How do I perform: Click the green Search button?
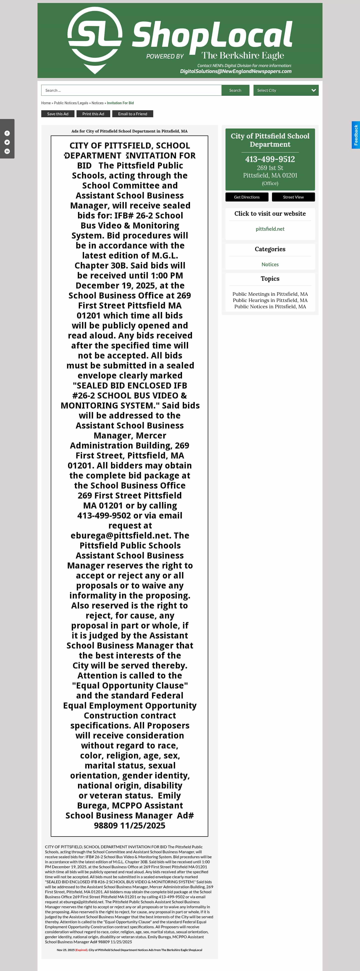(x=235, y=90)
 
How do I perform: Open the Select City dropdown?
(x=286, y=90)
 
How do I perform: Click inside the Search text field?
(x=131, y=90)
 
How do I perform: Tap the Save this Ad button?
(x=58, y=114)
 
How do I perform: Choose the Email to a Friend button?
(x=133, y=114)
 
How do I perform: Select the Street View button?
(x=293, y=197)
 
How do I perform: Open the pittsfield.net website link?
(x=270, y=229)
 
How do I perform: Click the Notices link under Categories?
(x=270, y=264)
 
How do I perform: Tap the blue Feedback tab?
(x=355, y=135)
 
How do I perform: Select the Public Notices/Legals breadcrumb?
(x=71, y=103)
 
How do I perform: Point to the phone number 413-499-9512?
(x=270, y=159)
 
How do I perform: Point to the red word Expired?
(x=81, y=950)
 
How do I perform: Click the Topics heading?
(x=270, y=278)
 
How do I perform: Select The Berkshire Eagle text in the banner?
(x=242, y=55)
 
